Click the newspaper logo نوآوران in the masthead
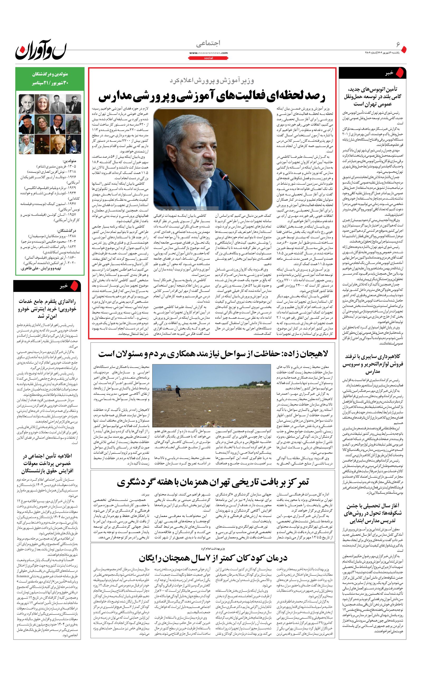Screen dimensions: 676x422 tap(41, 49)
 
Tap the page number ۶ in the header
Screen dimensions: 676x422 tap(398, 44)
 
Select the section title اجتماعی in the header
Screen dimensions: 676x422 tap(208, 43)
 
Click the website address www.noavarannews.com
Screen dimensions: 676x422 tap(208, 53)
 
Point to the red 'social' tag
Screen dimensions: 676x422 tap(208, 58)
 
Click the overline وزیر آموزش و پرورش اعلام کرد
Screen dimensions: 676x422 tap(212, 81)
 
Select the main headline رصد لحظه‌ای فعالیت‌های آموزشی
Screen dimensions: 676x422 tap(212, 96)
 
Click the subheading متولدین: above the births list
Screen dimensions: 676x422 tap(69, 161)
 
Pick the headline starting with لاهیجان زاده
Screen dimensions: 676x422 tap(213, 354)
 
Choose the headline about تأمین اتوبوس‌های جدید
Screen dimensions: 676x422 tap(372, 97)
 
